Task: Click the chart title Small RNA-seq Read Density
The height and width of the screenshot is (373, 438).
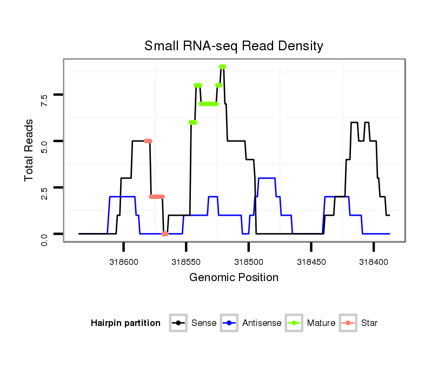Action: pyautogui.click(x=234, y=46)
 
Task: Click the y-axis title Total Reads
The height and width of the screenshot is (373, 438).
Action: pyautogui.click(x=29, y=150)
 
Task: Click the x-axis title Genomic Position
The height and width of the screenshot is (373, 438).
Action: pyautogui.click(x=234, y=278)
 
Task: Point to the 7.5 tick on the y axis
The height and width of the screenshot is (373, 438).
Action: pyautogui.click(x=44, y=99)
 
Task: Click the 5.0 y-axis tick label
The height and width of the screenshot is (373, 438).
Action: pyautogui.click(x=44, y=146)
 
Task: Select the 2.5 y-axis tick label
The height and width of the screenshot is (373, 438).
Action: pyautogui.click(x=44, y=192)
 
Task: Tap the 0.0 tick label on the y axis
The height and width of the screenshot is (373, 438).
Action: pyautogui.click(x=44, y=238)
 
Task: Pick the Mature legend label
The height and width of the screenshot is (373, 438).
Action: pyautogui.click(x=321, y=323)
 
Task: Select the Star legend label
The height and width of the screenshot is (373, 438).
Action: pyautogui.click(x=369, y=323)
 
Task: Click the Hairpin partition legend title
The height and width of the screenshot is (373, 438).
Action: pyautogui.click(x=125, y=323)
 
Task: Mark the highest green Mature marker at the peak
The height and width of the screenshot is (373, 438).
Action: pyautogui.click(x=222, y=67)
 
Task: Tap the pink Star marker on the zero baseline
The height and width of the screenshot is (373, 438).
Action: pyautogui.click(x=165, y=234)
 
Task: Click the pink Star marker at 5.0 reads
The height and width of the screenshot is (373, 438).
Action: pyautogui.click(x=148, y=141)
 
